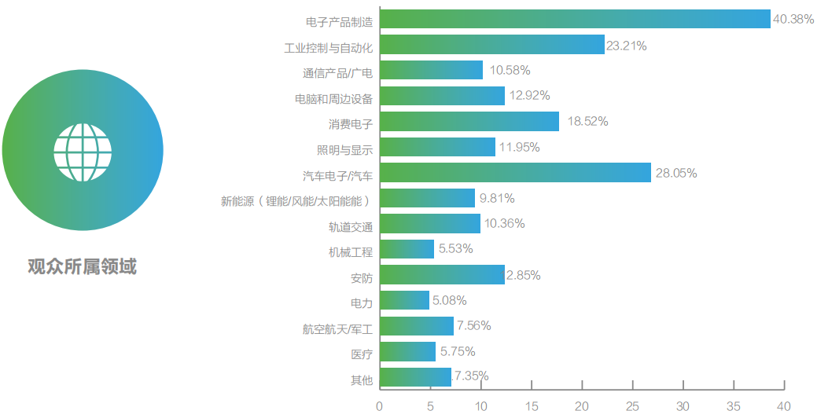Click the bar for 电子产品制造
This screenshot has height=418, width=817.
click(x=575, y=19)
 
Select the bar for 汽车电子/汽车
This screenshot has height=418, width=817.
click(x=515, y=173)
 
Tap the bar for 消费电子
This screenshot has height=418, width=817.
click(x=469, y=122)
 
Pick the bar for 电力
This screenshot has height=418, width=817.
click(x=404, y=301)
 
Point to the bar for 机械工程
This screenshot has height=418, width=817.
click(x=407, y=250)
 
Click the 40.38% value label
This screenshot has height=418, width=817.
click(x=793, y=19)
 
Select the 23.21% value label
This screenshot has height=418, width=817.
click(x=627, y=46)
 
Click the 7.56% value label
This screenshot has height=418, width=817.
click(x=474, y=326)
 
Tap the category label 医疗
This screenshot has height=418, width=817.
click(x=361, y=354)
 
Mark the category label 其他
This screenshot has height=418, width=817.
click(x=361, y=380)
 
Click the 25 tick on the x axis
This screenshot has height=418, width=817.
click(x=632, y=406)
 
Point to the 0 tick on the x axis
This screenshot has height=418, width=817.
click(x=380, y=406)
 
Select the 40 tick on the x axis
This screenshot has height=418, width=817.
click(x=783, y=406)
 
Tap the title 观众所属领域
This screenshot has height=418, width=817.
click(x=82, y=267)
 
